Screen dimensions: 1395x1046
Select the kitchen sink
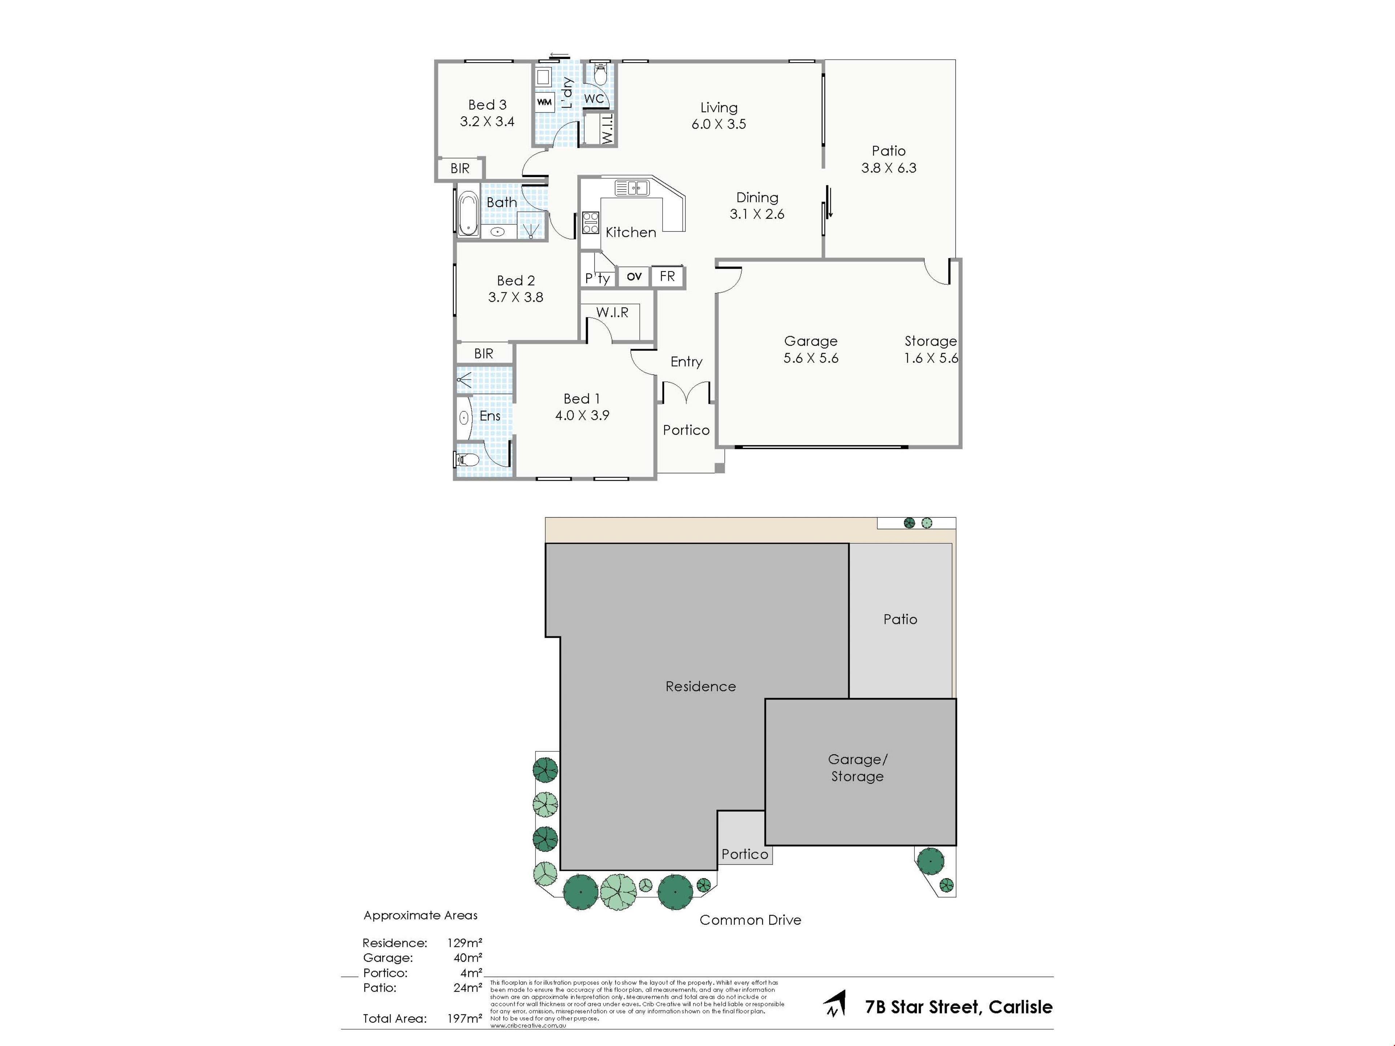tap(631, 188)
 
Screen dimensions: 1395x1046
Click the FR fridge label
tap(667, 276)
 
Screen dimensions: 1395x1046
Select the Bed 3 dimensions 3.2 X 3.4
tap(487, 122)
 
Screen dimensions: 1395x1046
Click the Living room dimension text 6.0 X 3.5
tap(718, 124)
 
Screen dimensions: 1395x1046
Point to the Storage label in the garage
tap(930, 341)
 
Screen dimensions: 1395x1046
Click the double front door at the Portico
tap(686, 392)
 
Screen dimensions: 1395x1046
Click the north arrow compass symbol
tap(835, 1003)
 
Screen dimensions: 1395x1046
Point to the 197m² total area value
tap(465, 1018)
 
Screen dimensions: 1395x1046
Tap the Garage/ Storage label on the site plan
tap(857, 768)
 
